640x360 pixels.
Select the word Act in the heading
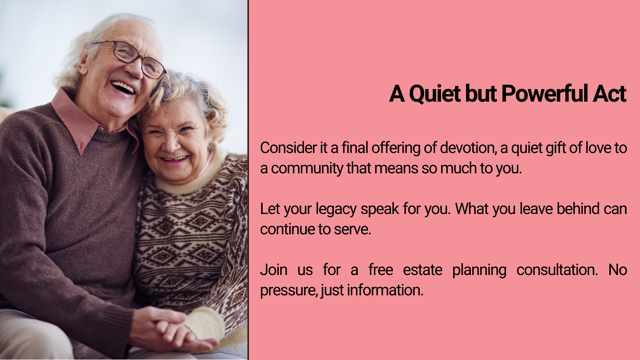tap(610, 94)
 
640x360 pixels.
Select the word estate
tap(422, 270)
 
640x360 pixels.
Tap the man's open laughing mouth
tap(123, 88)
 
